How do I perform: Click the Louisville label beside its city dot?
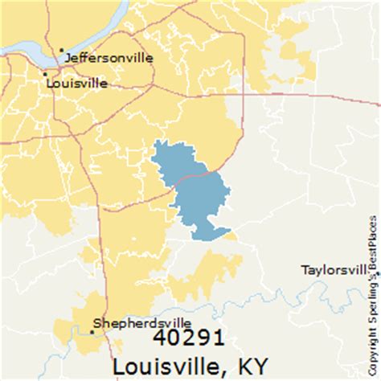77,81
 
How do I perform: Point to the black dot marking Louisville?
45,75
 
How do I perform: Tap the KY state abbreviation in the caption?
252,365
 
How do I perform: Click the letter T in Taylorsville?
304,269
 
